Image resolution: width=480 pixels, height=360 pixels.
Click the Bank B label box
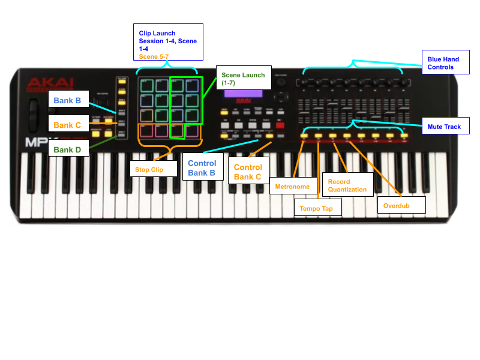(x=68, y=100)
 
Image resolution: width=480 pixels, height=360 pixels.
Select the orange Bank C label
(x=68, y=125)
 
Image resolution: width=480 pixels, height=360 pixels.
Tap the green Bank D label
(x=68, y=149)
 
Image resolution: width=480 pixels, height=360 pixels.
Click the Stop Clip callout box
(x=154, y=169)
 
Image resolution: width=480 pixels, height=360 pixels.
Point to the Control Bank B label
(x=202, y=167)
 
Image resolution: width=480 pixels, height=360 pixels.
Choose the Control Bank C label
(x=248, y=171)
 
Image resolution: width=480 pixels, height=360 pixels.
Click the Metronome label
(x=292, y=187)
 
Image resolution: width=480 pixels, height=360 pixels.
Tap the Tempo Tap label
(x=317, y=208)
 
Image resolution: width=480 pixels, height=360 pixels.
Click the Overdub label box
(x=401, y=205)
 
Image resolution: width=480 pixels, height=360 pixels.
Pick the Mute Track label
(x=445, y=127)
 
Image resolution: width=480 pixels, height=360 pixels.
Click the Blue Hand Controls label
(x=444, y=63)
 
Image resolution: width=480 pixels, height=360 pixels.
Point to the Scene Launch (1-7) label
(x=243, y=78)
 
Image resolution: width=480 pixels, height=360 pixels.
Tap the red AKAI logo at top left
(x=50, y=84)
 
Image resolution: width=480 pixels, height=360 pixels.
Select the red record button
(x=280, y=125)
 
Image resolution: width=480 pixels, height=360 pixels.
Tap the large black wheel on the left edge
(x=33, y=114)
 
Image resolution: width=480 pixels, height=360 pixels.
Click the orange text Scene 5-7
(x=154, y=56)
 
